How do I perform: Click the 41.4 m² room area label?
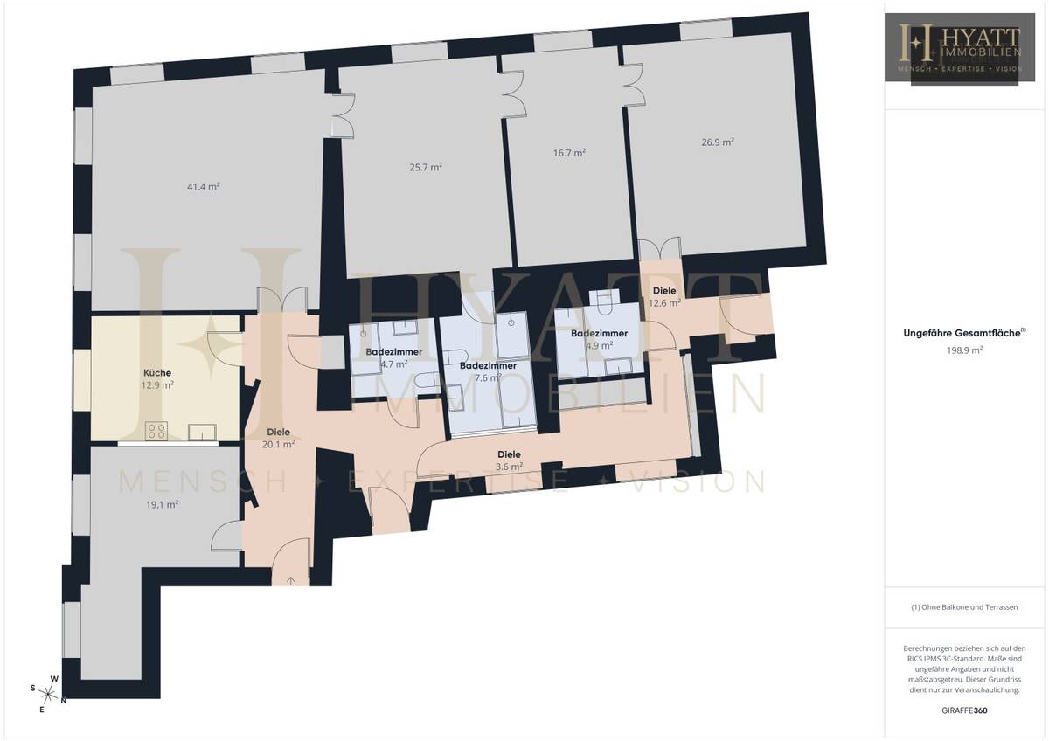203,186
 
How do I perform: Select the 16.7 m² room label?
569,151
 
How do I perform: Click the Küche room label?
158,373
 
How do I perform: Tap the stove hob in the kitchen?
157,430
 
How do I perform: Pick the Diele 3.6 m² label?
509,461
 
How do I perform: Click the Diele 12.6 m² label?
664,297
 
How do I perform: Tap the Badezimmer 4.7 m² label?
394,357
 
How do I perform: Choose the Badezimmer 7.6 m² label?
488,371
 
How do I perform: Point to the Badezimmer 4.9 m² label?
600,339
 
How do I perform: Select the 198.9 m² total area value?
966,350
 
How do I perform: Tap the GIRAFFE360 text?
966,710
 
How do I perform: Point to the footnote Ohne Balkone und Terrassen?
965,606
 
